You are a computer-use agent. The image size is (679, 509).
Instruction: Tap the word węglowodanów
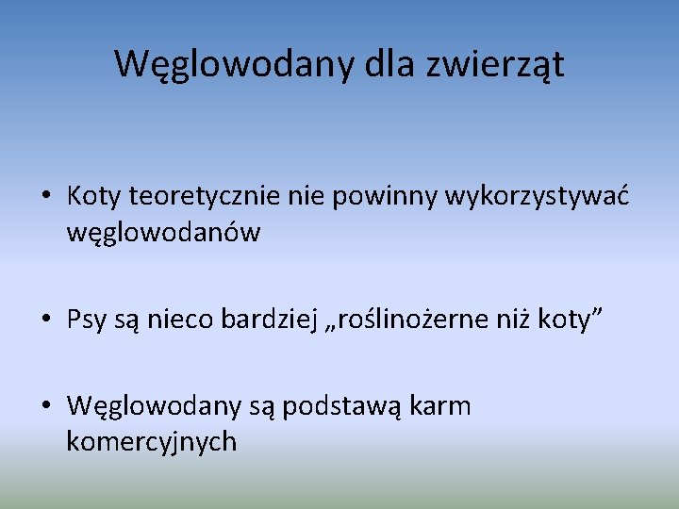click(163, 232)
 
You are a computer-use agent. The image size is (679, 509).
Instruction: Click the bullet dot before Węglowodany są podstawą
click(46, 407)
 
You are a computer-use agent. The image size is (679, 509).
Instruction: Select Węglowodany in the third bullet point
click(146, 406)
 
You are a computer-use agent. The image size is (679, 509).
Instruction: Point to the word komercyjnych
click(151, 441)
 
